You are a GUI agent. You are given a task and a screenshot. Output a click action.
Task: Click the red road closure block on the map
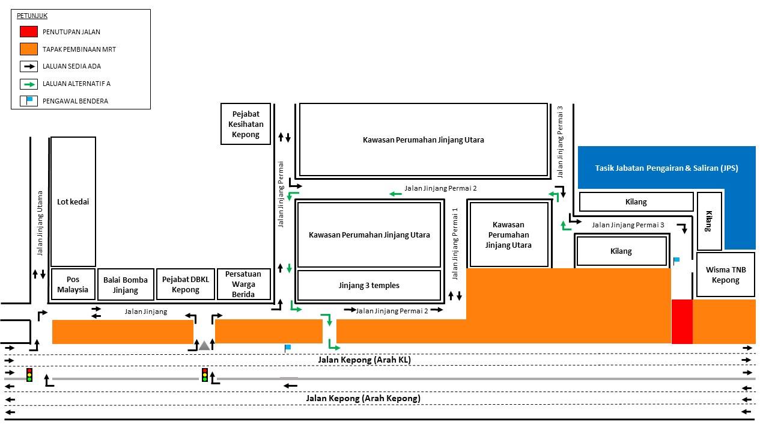click(x=682, y=322)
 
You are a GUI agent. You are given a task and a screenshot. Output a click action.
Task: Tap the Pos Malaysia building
click(x=73, y=284)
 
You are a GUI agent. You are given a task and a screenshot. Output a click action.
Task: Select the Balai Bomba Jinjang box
click(x=126, y=284)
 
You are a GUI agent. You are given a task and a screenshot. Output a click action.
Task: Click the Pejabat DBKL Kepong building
click(x=186, y=284)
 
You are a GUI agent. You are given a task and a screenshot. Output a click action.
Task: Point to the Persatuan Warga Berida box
click(x=244, y=284)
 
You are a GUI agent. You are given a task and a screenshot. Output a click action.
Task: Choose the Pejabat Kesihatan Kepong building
click(x=246, y=124)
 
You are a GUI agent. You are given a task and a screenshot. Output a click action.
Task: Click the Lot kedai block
click(x=73, y=201)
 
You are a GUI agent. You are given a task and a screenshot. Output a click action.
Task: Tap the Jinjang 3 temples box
click(x=369, y=285)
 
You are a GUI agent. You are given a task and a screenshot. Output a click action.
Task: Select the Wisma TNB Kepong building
click(x=726, y=275)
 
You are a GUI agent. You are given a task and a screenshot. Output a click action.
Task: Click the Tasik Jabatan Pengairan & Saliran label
click(x=666, y=168)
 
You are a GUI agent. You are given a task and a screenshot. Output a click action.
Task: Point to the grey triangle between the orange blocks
click(x=204, y=346)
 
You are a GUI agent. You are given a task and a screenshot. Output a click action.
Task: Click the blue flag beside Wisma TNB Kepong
click(x=676, y=260)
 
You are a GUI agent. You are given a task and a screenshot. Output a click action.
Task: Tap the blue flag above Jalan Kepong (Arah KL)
click(x=287, y=348)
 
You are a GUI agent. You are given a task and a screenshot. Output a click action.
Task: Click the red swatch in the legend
click(x=29, y=32)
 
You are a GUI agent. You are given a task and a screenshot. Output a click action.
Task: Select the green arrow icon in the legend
click(x=29, y=84)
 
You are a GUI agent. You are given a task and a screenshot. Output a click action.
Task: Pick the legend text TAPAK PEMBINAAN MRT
click(x=79, y=49)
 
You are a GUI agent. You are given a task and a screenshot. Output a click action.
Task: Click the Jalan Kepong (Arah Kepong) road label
click(x=363, y=398)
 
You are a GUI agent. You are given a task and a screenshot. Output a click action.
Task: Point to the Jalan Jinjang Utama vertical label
click(x=40, y=223)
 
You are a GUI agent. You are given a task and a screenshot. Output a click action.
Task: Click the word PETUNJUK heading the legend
click(x=32, y=16)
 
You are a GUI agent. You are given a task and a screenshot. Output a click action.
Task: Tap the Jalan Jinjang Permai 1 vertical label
click(x=455, y=244)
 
